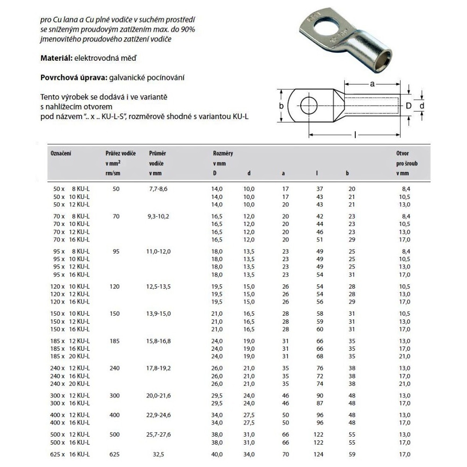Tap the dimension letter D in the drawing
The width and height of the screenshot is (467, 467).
pos(408,106)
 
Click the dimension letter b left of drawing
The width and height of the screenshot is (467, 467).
pos(281,106)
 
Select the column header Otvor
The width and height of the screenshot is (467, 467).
pos(403,153)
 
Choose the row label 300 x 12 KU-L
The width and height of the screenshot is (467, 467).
pos(70,396)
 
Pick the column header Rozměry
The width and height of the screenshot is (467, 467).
pos(223,153)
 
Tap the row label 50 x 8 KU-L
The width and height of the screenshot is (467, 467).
pos(70,188)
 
